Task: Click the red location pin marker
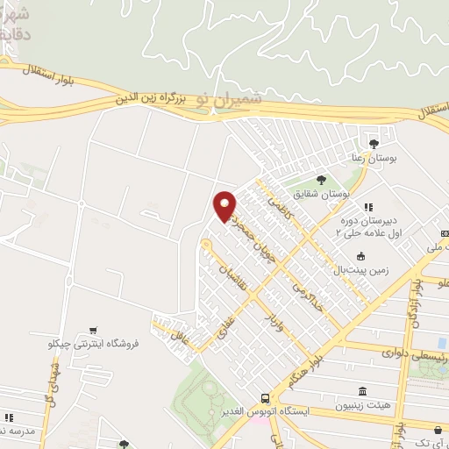click(225, 205)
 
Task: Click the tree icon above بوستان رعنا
click(374, 143)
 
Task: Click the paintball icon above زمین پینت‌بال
click(360, 256)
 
